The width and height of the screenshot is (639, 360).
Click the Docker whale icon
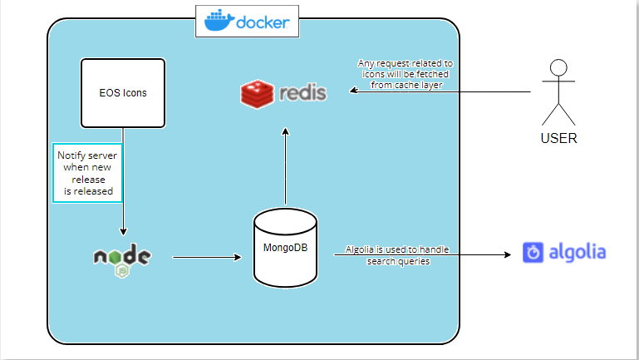(x=219, y=21)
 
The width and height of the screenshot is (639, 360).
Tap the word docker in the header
(x=263, y=22)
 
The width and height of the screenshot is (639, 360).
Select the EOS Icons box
(x=123, y=93)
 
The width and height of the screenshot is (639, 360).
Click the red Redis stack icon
(x=257, y=94)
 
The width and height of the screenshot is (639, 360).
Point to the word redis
(x=302, y=93)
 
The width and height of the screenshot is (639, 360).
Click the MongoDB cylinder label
(x=285, y=248)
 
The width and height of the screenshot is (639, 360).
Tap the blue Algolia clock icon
(x=533, y=253)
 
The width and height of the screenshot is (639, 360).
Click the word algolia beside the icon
(x=578, y=253)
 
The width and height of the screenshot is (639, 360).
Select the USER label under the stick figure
(x=558, y=138)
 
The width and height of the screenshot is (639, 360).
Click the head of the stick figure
(x=558, y=67)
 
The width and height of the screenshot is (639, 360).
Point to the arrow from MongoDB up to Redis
(x=285, y=166)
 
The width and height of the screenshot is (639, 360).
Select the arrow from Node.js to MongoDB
(x=207, y=257)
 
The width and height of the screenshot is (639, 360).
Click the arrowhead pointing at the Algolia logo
(x=508, y=254)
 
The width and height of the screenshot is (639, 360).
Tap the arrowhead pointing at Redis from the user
(x=354, y=91)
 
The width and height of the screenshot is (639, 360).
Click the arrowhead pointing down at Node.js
(x=123, y=232)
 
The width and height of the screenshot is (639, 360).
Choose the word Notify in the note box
(x=71, y=155)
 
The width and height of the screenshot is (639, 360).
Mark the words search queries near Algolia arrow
(x=398, y=261)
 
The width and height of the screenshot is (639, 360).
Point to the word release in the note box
(x=88, y=180)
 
